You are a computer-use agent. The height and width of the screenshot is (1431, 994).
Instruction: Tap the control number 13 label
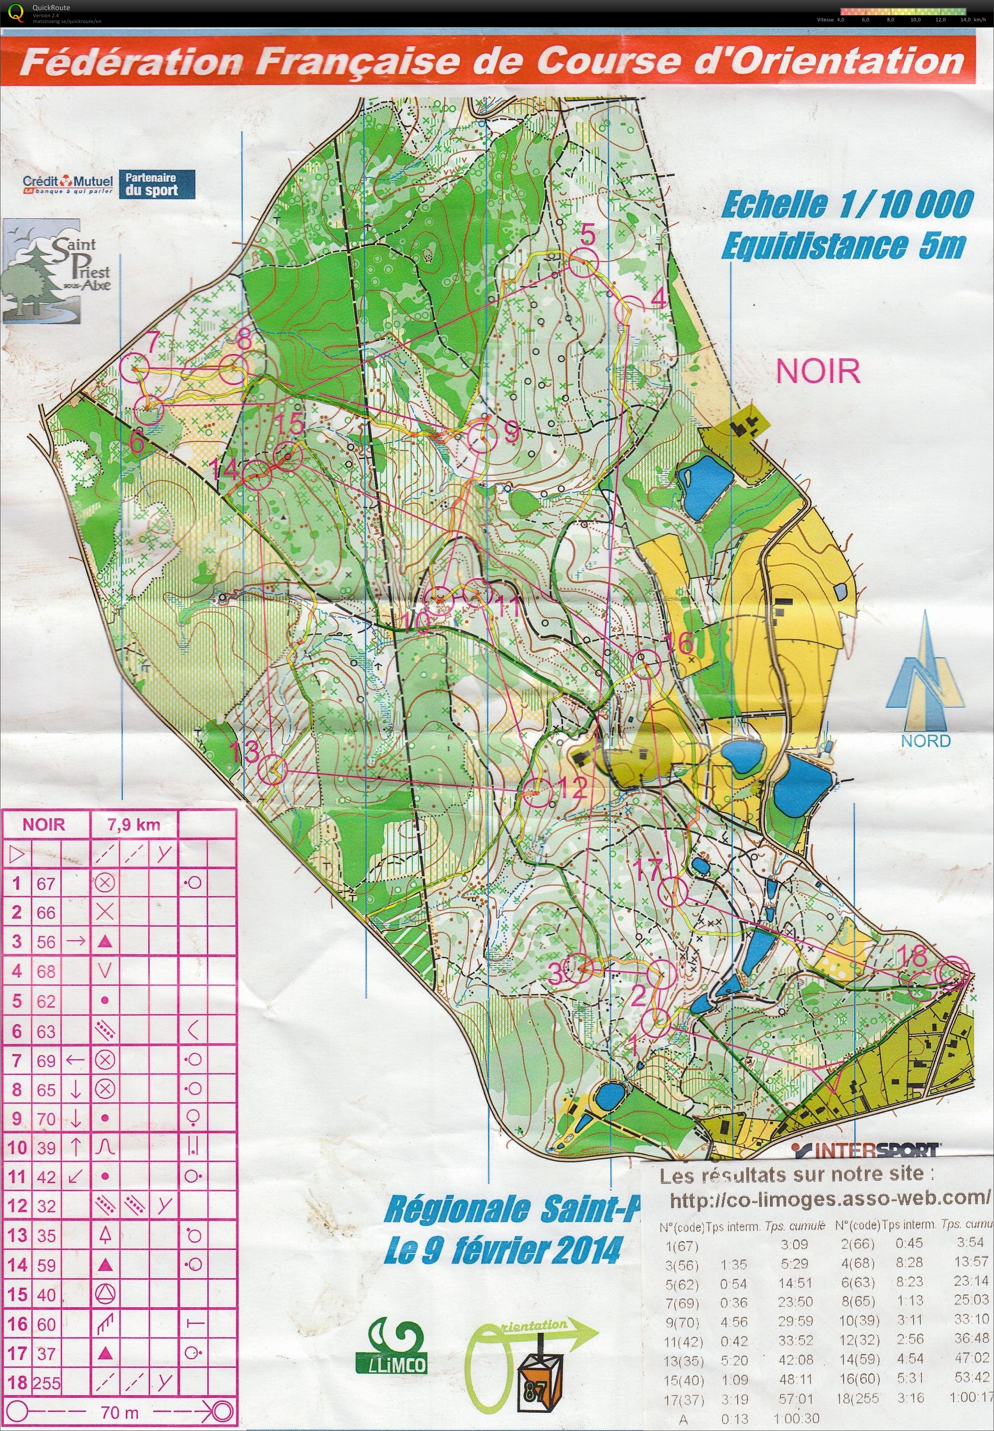(244, 752)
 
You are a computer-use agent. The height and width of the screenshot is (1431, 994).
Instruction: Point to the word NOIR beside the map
(818, 371)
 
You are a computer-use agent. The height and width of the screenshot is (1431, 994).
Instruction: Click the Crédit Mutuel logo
(67, 184)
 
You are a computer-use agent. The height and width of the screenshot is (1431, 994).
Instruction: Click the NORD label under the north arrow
(925, 741)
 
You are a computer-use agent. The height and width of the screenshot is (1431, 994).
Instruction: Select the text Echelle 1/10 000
(847, 205)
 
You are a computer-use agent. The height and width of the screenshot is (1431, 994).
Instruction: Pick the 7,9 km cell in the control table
(134, 825)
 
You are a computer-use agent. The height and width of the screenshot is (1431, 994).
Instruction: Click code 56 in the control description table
(46, 942)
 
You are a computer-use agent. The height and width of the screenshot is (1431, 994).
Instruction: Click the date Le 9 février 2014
(503, 1249)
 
